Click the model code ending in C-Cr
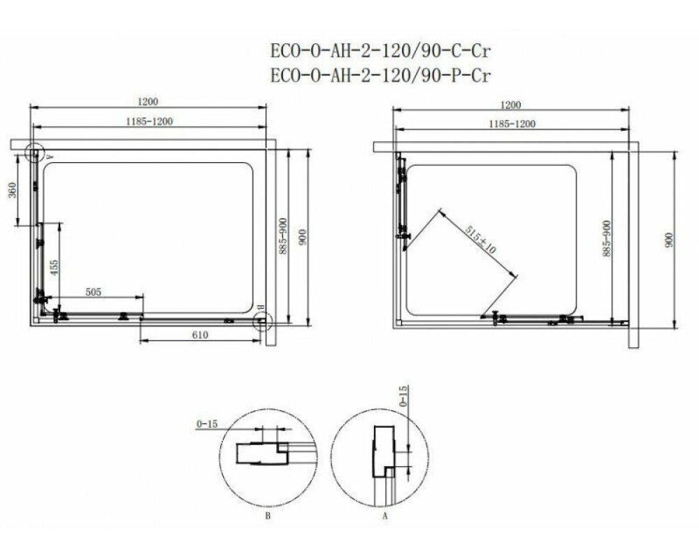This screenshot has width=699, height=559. [x=380, y=51]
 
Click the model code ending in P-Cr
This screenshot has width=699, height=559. [x=380, y=75]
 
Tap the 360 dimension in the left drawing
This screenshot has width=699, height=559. [x=13, y=190]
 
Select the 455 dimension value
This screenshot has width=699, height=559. [x=54, y=268]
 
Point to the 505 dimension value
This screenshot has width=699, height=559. [x=93, y=292]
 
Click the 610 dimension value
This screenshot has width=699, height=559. [x=200, y=335]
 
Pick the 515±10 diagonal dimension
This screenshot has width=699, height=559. [x=480, y=240]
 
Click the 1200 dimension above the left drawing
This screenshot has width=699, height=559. [x=147, y=101]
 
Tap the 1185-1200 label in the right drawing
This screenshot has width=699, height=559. [x=512, y=124]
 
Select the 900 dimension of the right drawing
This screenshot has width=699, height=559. [x=669, y=240]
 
